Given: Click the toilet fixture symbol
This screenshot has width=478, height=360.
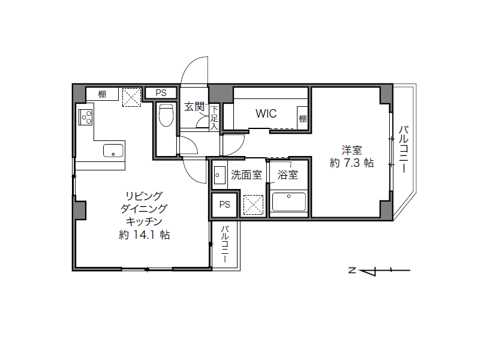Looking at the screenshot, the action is [x=166, y=115].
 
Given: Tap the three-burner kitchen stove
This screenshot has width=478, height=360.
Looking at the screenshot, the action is [x=86, y=117].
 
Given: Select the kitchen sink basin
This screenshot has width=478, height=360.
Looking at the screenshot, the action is [x=113, y=151].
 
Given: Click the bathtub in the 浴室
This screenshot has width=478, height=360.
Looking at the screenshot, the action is [x=289, y=202].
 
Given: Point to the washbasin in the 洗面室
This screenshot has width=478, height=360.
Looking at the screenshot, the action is [x=220, y=175].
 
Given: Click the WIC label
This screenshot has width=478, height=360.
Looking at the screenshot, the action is [x=266, y=113].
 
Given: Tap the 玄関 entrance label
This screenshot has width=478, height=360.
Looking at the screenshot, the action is [x=194, y=106].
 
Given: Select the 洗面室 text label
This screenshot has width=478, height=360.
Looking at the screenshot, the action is [x=246, y=175].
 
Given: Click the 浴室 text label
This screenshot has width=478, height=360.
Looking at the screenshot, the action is [x=288, y=175].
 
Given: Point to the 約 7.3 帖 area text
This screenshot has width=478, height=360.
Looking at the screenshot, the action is [x=351, y=163].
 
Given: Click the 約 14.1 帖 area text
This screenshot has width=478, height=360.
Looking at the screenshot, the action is [x=144, y=235].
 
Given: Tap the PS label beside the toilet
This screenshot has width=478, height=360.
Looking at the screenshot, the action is [x=161, y=93].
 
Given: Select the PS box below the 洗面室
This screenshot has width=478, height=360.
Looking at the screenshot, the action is [x=225, y=205].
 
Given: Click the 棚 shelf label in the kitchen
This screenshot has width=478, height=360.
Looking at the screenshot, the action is [x=102, y=94].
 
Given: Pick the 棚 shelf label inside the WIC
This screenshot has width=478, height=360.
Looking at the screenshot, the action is [x=302, y=118].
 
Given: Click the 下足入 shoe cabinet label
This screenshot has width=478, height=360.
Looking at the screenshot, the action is [x=214, y=118].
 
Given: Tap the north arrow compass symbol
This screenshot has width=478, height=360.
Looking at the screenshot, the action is [x=380, y=271].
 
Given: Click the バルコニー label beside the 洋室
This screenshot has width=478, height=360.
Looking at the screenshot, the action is [x=404, y=149].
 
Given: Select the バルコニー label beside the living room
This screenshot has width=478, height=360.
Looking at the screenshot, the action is [x=225, y=244].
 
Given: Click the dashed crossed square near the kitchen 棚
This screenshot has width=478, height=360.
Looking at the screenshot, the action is [x=132, y=97].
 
